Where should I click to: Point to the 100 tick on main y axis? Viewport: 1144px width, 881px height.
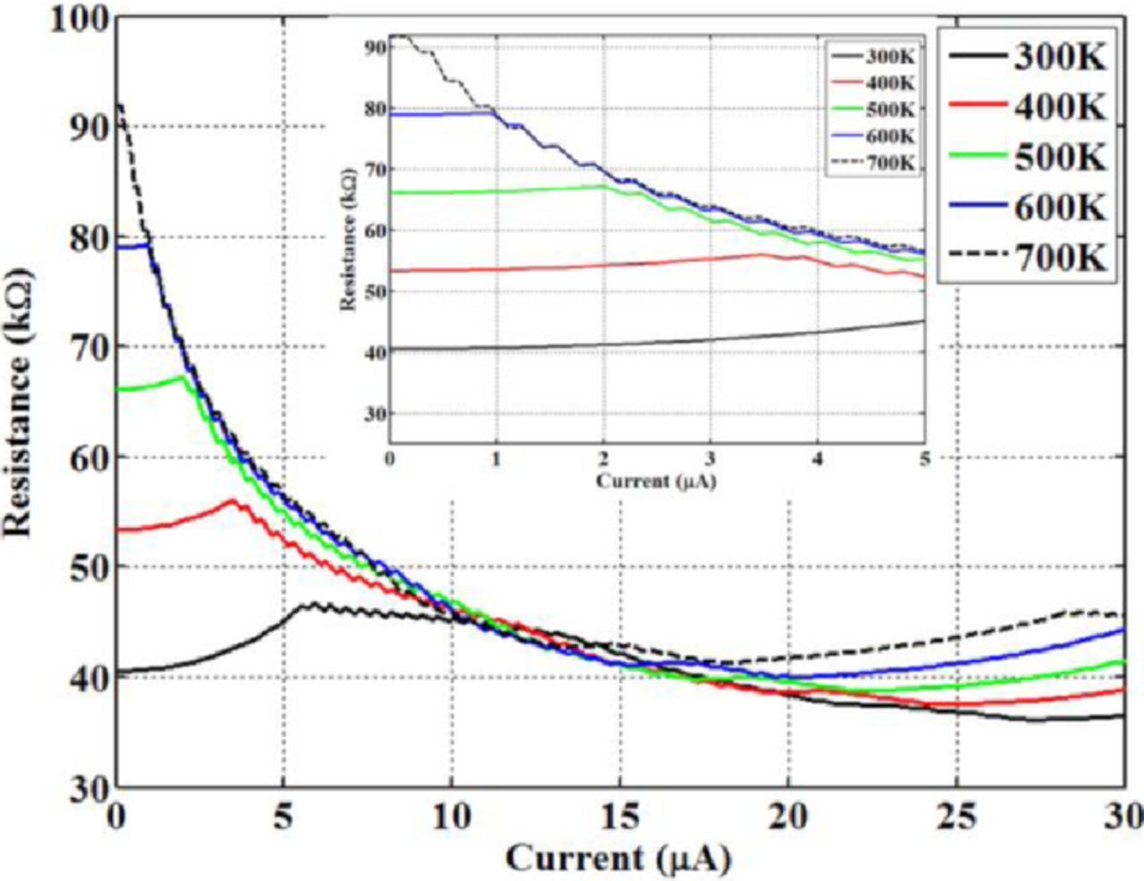coord(79,19)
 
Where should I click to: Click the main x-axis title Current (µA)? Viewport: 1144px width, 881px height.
coord(618,859)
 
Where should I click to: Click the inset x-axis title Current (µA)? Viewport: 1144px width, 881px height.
coord(657,482)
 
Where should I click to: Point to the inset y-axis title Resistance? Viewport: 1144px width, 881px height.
coord(348,237)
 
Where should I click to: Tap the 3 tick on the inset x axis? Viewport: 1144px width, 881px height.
coord(711,459)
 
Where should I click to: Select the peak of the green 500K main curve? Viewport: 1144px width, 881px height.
coord(182,377)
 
